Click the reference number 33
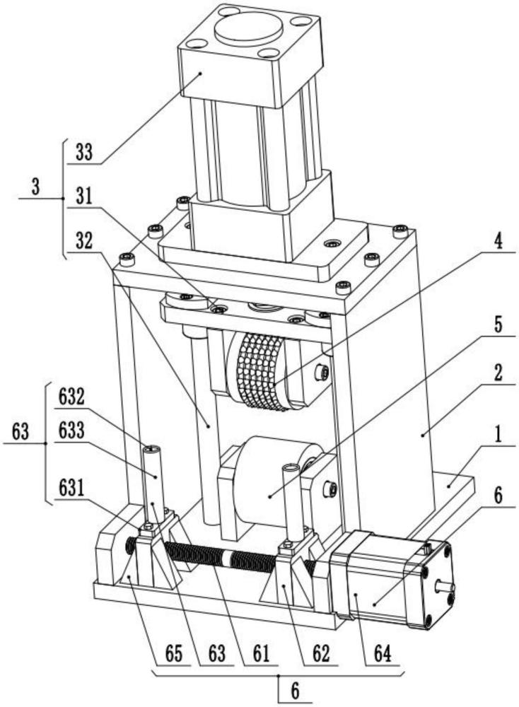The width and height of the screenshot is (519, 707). [83, 154]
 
